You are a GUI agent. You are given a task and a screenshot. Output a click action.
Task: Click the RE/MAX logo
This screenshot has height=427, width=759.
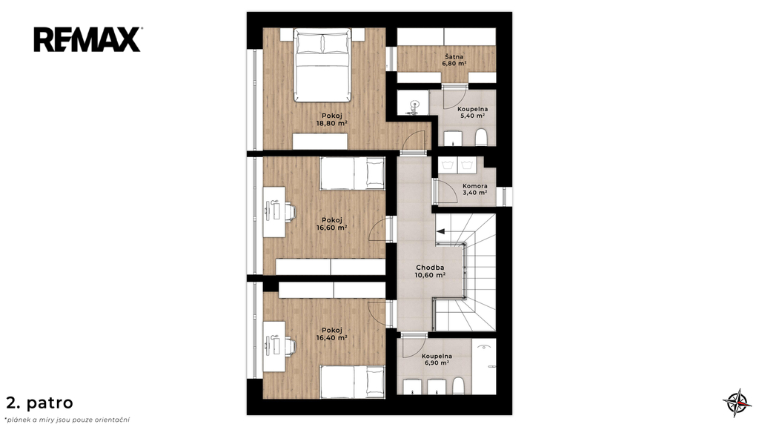point(87,40)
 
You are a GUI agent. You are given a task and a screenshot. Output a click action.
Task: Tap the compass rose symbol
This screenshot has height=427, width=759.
point(737,403)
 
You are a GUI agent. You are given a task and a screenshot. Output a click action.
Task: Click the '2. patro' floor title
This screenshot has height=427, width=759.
point(40,403)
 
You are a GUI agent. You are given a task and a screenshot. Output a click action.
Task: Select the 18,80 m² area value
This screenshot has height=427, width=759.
point(331,124)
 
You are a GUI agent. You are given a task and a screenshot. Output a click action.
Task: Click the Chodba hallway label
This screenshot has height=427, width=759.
point(430,267)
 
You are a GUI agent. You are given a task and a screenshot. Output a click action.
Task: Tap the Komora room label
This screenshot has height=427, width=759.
point(475,186)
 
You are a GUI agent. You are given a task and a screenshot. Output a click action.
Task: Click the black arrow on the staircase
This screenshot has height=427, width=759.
point(440,232)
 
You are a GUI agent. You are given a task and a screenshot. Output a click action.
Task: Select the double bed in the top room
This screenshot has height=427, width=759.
point(322,65)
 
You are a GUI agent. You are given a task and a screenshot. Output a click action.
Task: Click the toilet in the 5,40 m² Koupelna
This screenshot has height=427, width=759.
point(481,137)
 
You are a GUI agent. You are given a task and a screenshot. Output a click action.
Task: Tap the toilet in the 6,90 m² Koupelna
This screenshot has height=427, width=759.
point(459,386)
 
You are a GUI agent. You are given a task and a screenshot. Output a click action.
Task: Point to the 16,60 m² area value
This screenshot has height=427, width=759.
point(331,228)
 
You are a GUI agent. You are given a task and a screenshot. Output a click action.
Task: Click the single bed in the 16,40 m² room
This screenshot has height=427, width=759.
point(352,383)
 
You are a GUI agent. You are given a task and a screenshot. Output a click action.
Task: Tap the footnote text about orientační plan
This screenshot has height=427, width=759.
point(67,420)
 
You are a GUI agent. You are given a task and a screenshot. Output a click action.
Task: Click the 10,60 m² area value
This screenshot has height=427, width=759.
point(430,275)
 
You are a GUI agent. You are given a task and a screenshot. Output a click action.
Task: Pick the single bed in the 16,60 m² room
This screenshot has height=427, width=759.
point(352,173)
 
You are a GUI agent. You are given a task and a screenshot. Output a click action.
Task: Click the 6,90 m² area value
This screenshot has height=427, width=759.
point(437,363)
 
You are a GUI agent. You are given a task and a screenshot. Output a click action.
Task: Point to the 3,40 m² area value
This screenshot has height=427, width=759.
point(475,193)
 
